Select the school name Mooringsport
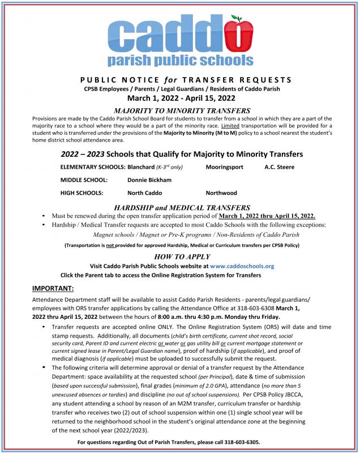coord(225,168)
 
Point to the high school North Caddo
coord(145,193)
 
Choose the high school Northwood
coord(221,193)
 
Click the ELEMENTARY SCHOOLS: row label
coord(92,168)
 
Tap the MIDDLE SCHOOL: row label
coord(84,180)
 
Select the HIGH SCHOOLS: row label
coord(83,193)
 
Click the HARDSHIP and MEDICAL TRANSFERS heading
coord(179,208)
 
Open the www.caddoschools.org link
coord(242,266)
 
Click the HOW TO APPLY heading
coord(179,256)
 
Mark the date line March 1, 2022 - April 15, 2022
coord(179,98)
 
